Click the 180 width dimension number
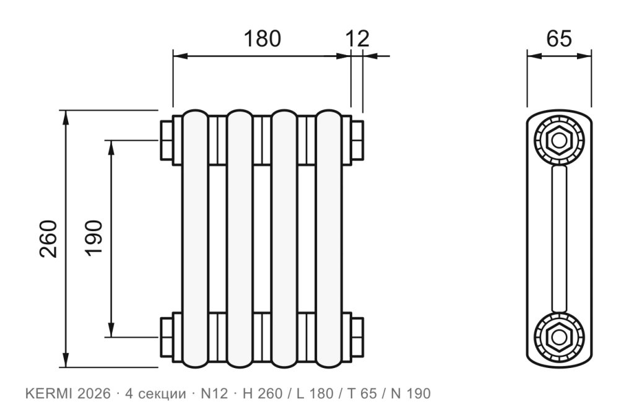(x=262, y=38)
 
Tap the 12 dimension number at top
(x=357, y=38)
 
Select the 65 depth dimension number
(x=559, y=38)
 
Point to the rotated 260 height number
(x=48, y=239)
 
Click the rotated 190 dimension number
(x=94, y=238)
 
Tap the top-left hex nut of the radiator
(x=167, y=140)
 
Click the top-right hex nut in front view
(x=357, y=140)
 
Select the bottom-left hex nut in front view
(x=167, y=337)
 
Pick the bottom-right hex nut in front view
(x=357, y=337)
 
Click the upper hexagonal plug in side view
(x=559, y=141)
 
